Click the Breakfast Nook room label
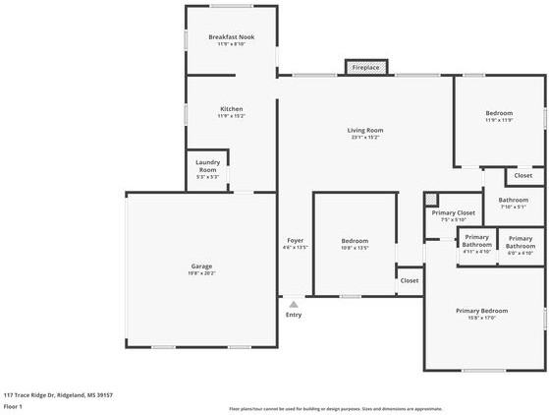(232, 37)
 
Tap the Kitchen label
(232, 109)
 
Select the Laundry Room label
(207, 166)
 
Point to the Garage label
(201, 266)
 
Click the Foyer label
(295, 241)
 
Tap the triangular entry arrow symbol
(293, 305)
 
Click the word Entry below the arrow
(294, 315)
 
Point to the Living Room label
(364, 130)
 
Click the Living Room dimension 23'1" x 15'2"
(364, 138)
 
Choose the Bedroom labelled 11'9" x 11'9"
(499, 114)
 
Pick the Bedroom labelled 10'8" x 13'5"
(355, 241)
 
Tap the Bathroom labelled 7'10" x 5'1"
(514, 201)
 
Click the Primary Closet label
(454, 212)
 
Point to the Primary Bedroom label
(481, 311)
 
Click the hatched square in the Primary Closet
(430, 200)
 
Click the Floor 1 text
(13, 406)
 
